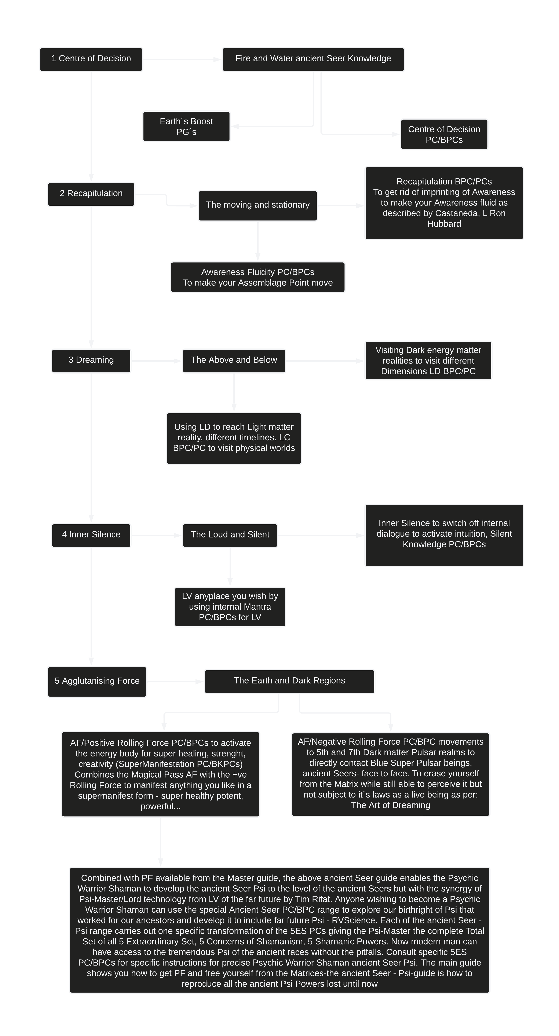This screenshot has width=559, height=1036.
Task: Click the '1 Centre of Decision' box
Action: (91, 59)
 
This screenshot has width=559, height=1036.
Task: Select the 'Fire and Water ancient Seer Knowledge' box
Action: (313, 59)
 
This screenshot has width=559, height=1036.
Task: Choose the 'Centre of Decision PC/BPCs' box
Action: (444, 134)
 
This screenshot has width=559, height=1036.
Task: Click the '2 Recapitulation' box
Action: (91, 194)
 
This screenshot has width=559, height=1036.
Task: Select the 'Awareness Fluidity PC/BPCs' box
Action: (257, 277)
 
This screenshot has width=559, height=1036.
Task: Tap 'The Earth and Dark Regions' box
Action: (289, 681)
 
